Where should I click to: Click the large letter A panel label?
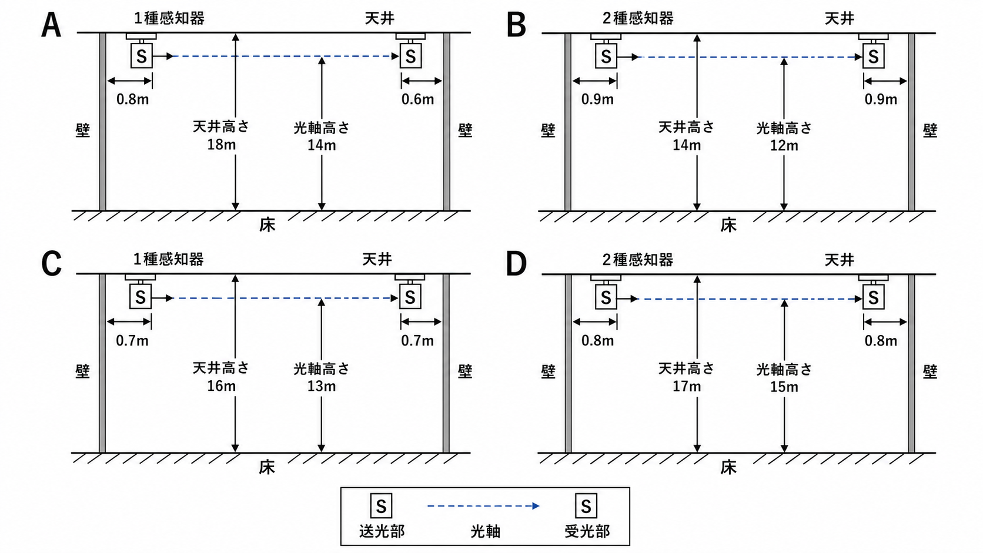[51, 25]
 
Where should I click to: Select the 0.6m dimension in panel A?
[417, 99]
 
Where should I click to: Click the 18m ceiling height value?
[222, 145]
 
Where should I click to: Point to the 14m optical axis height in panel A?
[322, 145]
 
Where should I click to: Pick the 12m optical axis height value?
[784, 145]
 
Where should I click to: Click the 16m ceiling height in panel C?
[222, 386]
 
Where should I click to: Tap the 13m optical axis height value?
[322, 386]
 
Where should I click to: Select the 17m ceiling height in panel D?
[687, 386]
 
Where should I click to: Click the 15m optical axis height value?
[784, 387]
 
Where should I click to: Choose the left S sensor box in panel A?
[142, 56]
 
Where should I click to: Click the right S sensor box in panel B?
[873, 56]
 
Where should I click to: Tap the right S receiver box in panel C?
[410, 297]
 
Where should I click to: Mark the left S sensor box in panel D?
[606, 297]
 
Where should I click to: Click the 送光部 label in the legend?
[382, 531]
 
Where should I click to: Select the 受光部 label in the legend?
[587, 531]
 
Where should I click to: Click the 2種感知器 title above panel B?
[638, 18]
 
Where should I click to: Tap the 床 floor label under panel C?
[267, 467]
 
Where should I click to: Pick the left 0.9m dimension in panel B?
[597, 99]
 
